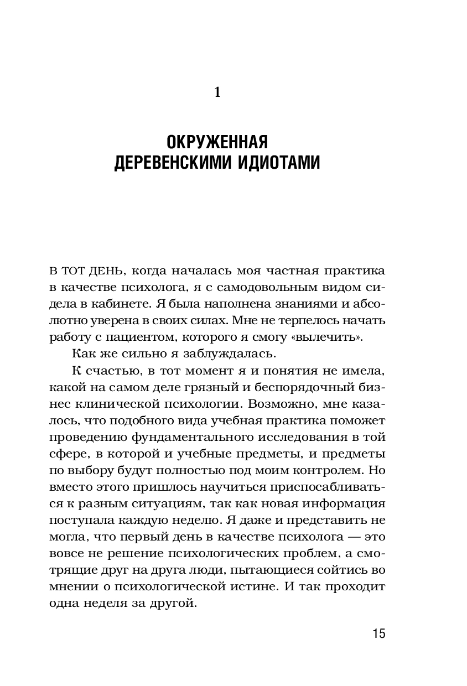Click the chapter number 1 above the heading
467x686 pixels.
click(x=217, y=92)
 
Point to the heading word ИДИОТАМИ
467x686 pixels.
click(x=278, y=164)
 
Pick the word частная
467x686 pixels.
click(x=286, y=272)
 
